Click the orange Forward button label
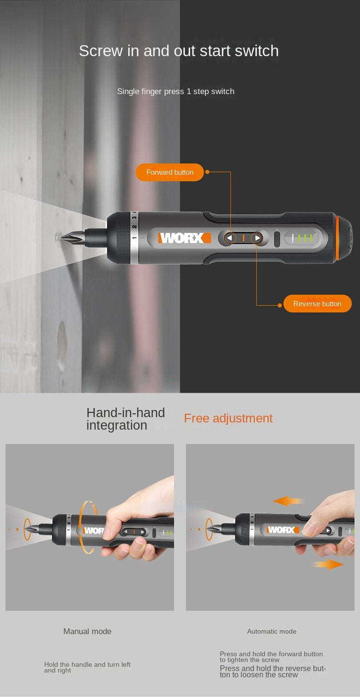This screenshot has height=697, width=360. pos(170,172)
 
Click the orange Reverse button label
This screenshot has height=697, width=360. pos(317,304)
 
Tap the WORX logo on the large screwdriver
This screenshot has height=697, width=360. pos(185,238)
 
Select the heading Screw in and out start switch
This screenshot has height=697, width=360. pos(179,51)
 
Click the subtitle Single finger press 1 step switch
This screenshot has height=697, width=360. pos(176,91)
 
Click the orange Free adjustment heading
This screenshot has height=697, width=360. pos(228,418)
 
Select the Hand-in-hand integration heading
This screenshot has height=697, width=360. pos(125,419)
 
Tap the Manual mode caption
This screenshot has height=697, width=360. pos(87,631)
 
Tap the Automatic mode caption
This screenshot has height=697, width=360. pos(272,631)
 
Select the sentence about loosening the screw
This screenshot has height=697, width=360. pos(273,672)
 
